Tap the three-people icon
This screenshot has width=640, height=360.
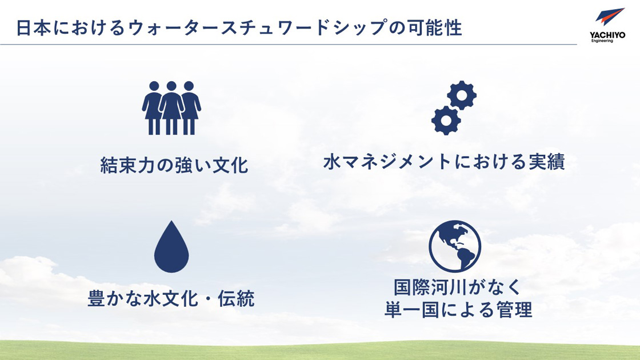pos(171,108)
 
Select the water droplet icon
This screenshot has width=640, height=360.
pos(171,247)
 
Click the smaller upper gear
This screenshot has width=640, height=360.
pos(462,95)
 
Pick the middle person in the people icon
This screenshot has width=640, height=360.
pos(171,108)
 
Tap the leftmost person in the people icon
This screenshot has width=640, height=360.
pos(154,108)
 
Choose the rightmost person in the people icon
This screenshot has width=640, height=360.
pos(189,108)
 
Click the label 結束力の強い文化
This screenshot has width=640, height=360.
pos(174,166)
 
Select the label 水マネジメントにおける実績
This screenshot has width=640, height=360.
pos(444,162)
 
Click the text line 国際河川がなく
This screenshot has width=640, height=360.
pos(458,286)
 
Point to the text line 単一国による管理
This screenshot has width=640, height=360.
pos(458,310)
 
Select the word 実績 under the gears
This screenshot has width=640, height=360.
pos(546,162)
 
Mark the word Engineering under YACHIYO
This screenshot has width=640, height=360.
pos(602,41)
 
